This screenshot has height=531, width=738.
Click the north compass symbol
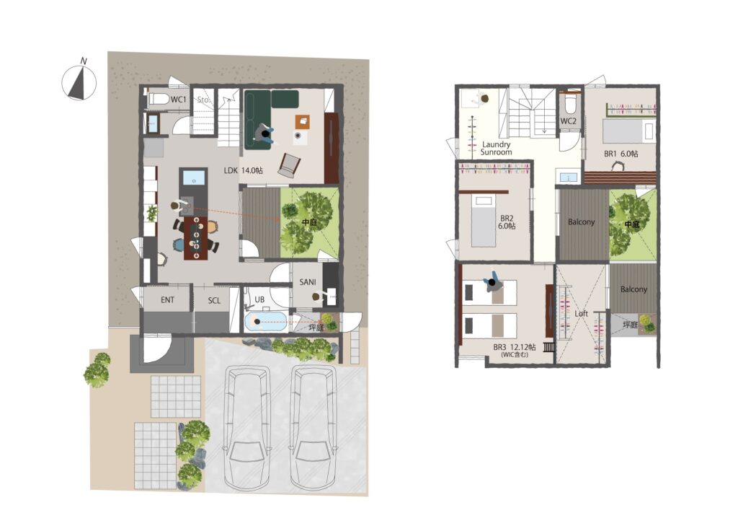coord(79,82)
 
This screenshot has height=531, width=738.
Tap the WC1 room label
coord(179,100)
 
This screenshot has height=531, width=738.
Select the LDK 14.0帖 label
coord(243,170)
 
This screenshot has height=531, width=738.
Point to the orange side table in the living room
coord(303,121)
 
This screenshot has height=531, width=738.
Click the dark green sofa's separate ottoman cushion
coord(285,98)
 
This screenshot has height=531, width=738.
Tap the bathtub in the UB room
coord(266,322)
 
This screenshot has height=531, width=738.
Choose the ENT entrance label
coord(167,299)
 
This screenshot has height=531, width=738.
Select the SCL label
coord(214,300)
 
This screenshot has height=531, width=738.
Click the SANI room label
coord(308,282)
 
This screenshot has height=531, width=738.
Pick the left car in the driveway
coord(248,428)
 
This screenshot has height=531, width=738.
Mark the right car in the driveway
coord(313,428)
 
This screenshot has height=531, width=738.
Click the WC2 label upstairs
coord(569,121)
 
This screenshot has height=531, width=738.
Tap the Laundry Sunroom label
coord(496,149)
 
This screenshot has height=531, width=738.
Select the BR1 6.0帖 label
coord(621,154)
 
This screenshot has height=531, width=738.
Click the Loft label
coord(582,313)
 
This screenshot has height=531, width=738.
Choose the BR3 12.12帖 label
coord(515,347)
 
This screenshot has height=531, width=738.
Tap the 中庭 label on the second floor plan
coord(631,225)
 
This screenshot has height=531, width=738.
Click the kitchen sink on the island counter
coord(193,177)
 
